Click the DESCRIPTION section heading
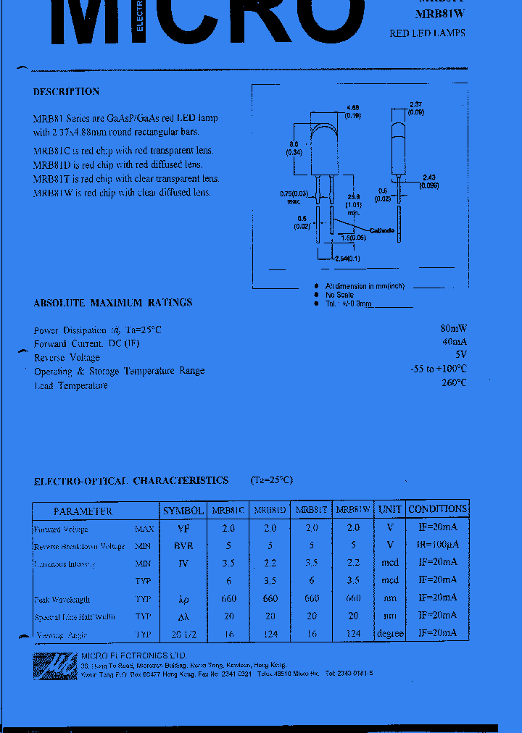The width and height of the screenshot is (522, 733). tap(66, 92)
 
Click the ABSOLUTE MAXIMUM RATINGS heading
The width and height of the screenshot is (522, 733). tap(112, 303)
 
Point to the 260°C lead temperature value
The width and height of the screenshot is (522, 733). tap(453, 382)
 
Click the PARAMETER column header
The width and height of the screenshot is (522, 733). tap(83, 511)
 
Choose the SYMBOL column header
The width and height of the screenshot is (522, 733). tap(183, 511)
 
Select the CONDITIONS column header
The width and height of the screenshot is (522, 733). tap(437, 509)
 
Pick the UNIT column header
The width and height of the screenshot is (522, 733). tap(390, 509)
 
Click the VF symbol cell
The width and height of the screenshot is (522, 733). tap(183, 529)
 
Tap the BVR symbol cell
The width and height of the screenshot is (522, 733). tap(183, 546)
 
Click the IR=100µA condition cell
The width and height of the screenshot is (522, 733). tap(437, 545)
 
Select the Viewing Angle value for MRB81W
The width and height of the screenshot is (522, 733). tap(353, 633)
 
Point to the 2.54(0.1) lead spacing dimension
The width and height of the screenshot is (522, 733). tap(348, 259)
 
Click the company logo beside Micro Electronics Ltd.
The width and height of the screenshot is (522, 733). tap(55, 665)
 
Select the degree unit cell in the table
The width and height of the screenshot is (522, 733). tap(390, 634)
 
